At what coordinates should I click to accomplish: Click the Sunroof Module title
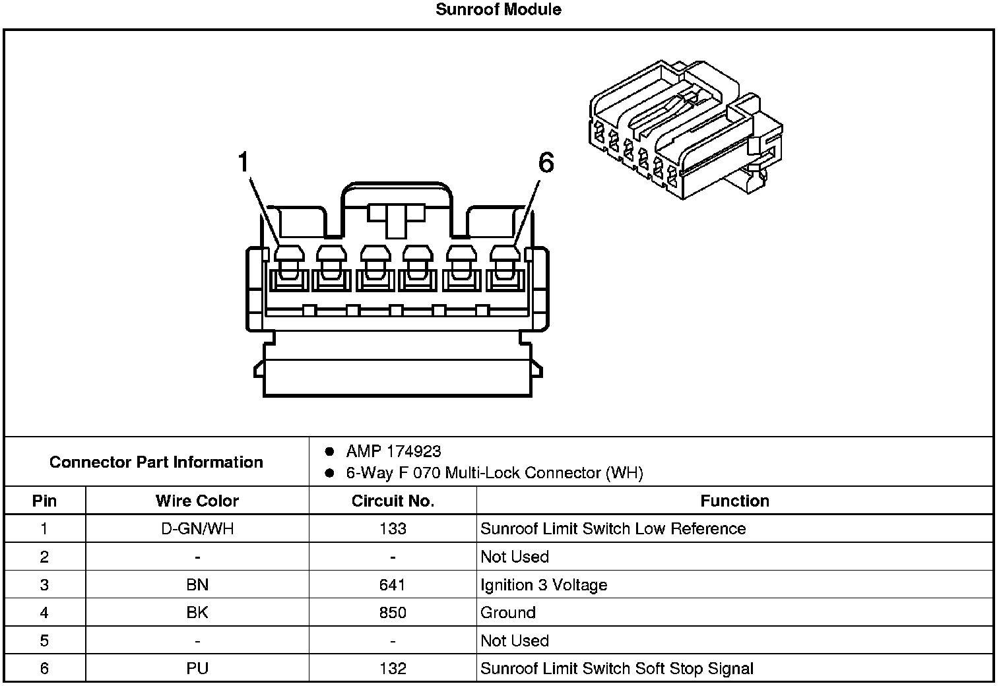(498, 10)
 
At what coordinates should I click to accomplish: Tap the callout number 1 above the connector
(244, 162)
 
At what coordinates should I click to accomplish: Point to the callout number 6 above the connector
(546, 162)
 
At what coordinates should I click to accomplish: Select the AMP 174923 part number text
(393, 452)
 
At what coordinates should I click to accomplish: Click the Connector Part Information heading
(156, 462)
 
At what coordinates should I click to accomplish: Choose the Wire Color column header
(197, 501)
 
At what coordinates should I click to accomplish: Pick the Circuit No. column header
(393, 501)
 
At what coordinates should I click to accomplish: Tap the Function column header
(734, 501)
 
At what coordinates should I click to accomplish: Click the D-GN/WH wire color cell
(197, 528)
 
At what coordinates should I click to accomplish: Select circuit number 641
(393, 584)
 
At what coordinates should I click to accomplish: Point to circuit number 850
(393, 613)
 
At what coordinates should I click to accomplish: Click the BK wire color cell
(197, 613)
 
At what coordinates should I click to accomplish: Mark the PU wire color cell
(197, 668)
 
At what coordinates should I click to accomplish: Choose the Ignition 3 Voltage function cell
(544, 584)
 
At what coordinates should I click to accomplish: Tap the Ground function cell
(508, 613)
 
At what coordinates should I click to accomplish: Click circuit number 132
(393, 668)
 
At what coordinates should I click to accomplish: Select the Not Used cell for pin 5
(515, 640)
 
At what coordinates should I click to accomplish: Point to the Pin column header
(44, 501)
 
